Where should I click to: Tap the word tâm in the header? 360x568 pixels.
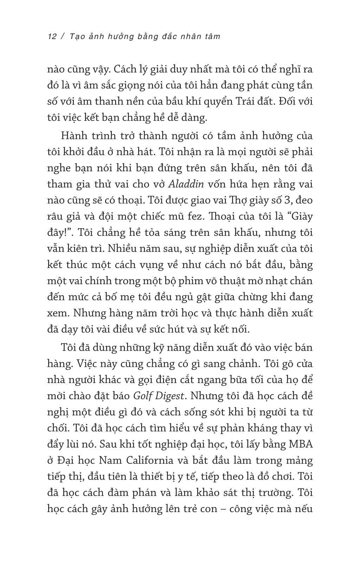click(211, 36)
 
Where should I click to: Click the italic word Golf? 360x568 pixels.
click(143, 396)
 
